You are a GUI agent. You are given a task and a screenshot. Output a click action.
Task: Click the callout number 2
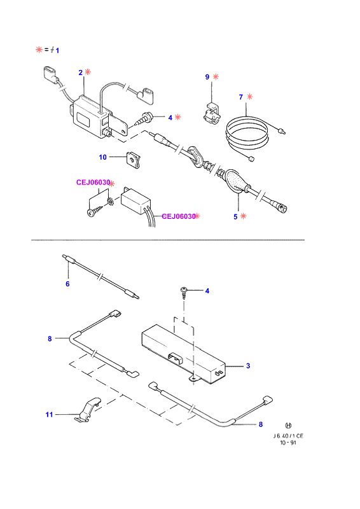coord(81,73)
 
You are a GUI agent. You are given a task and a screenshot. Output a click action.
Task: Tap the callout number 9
coord(207,77)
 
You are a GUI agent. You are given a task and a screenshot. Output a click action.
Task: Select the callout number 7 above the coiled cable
coord(241,97)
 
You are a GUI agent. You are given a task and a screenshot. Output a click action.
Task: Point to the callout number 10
coord(102,157)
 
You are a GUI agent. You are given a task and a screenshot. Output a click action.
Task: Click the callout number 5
coord(235,217)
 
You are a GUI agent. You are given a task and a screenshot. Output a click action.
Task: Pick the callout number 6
coord(67,284)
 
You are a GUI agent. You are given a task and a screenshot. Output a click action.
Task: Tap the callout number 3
coord(248,366)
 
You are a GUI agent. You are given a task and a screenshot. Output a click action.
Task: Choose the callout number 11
coord(49,415)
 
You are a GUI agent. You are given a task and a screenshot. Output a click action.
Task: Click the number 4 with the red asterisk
coord(170,118)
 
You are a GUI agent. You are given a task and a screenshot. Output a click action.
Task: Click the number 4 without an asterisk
coord(207,291)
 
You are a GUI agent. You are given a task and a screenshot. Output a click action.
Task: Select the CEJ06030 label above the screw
coord(93,183)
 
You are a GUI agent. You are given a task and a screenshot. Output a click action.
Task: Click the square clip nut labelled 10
coord(134,160)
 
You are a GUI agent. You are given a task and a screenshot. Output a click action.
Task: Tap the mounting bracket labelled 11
coord(88,410)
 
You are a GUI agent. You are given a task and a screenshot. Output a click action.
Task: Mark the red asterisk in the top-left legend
coord(39,50)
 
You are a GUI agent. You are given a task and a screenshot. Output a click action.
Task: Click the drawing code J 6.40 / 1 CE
coord(288,436)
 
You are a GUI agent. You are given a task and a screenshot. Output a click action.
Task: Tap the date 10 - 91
coord(288,443)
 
